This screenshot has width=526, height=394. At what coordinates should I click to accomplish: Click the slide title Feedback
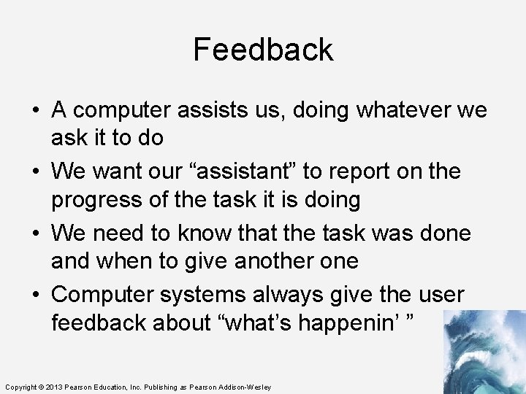point(263,50)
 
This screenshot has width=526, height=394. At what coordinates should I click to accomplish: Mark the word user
point(441,295)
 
